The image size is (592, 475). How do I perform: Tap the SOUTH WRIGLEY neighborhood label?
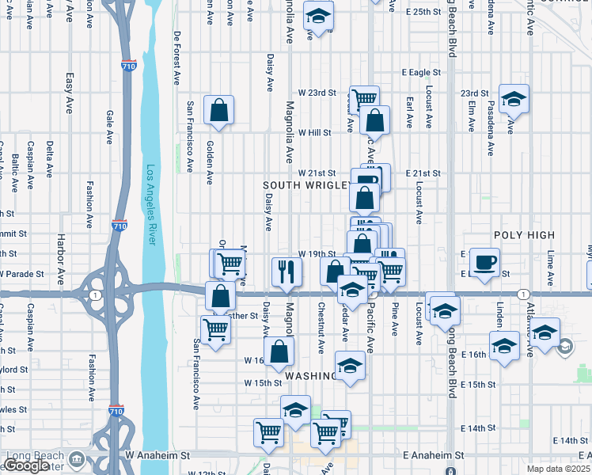coord(307,185)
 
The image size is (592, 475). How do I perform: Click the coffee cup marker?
coord(484,261)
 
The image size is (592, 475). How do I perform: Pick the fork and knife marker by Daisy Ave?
coord(287,272)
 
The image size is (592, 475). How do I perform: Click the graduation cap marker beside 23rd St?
coord(514,100)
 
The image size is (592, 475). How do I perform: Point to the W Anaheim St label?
coord(158,456)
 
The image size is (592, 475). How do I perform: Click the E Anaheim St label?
coord(433,456)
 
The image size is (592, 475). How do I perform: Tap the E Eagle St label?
coord(419,72)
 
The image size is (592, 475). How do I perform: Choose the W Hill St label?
coord(314,133)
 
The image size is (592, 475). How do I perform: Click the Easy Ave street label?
coord(70,88)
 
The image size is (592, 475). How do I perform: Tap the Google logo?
coord(27,466)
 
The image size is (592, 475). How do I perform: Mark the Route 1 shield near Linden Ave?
coord(523,294)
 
